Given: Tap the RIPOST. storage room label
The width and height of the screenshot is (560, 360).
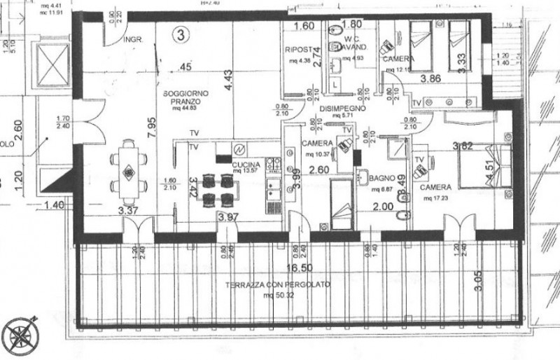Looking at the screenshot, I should pos(298,50).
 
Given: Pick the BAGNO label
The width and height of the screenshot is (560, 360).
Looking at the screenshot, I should pos(384,179).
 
